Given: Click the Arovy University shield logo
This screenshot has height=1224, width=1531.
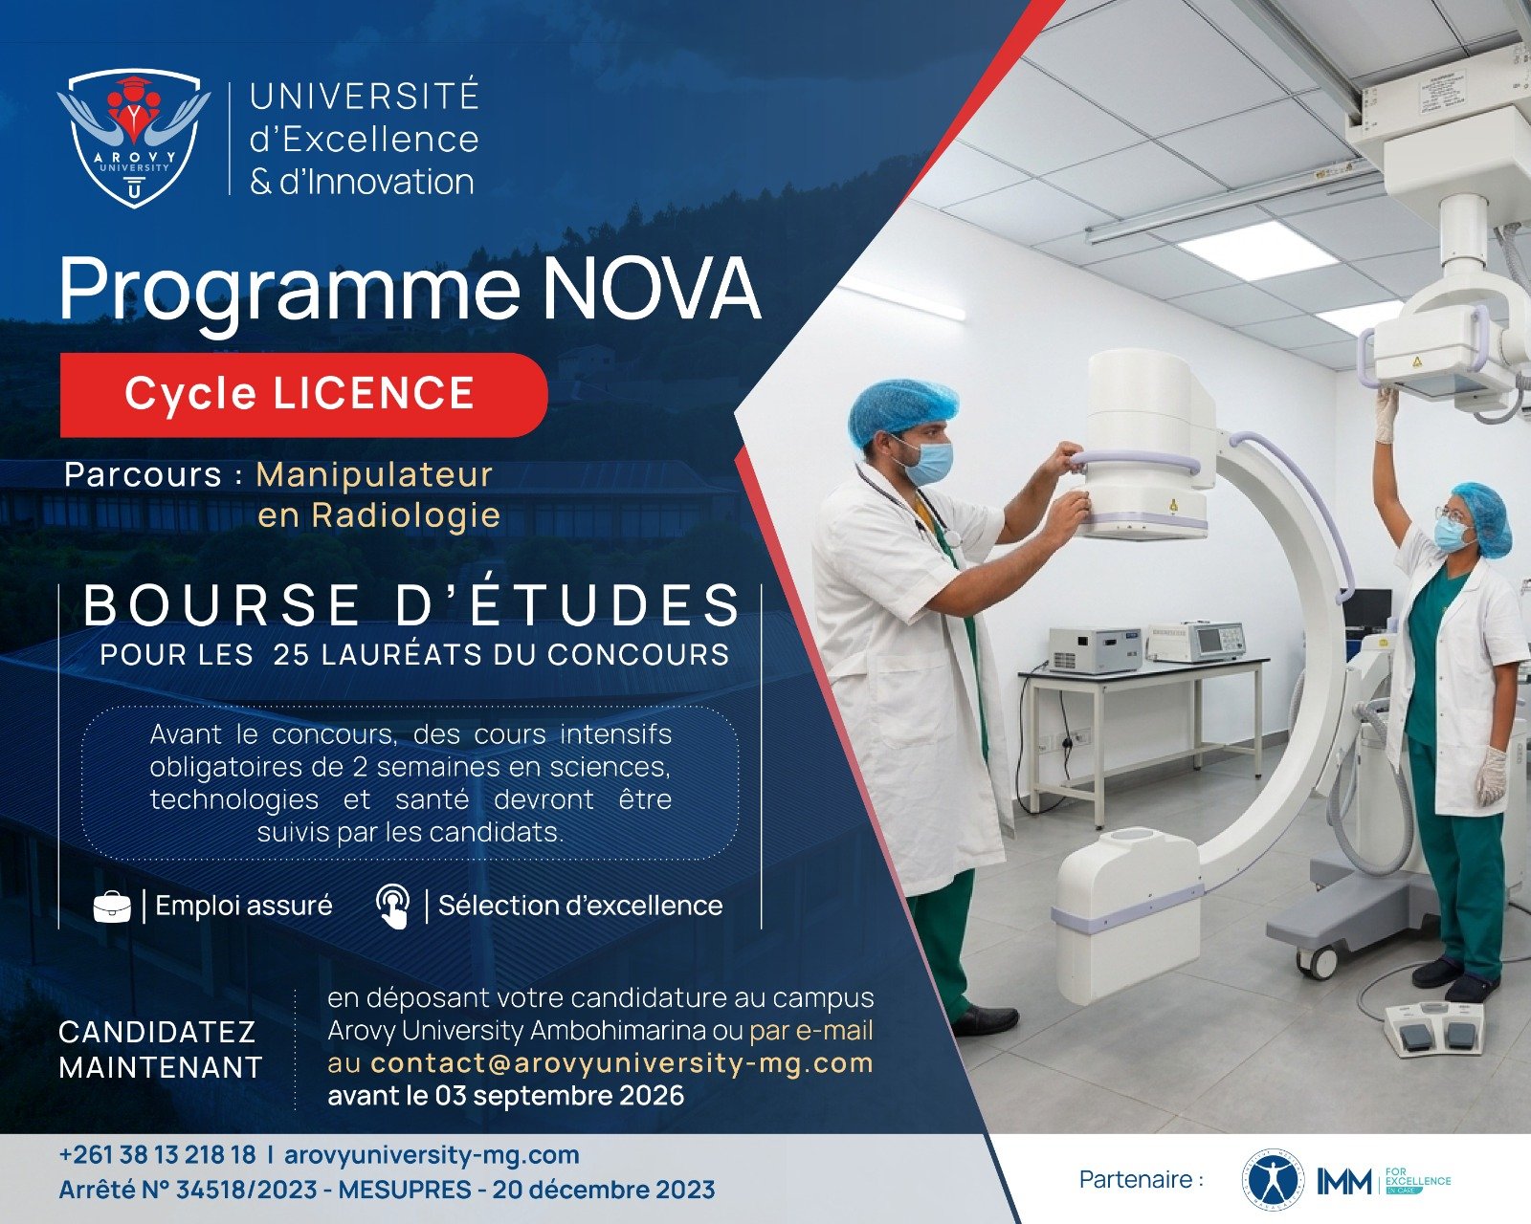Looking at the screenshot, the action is point(134,138).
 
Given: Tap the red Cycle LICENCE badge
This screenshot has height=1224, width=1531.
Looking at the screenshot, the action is point(303,395).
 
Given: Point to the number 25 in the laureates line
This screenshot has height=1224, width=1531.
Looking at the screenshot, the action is point(291,655).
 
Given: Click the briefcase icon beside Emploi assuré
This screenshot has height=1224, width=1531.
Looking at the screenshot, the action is point(112,907).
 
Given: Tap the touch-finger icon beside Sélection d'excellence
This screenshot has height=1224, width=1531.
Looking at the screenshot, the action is point(393,907).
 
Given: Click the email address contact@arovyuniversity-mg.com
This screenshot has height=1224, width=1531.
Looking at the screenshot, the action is point(622,1063).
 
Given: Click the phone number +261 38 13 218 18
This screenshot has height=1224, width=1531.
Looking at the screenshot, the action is point(157,1154).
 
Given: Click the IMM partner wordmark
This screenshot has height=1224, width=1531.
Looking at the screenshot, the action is point(1343,1181).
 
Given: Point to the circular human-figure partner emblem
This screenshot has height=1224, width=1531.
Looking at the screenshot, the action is point(1274,1181).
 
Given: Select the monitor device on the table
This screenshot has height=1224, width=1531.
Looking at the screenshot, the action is point(1196,642).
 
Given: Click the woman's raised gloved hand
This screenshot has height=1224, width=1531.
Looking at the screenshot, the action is point(1386,415).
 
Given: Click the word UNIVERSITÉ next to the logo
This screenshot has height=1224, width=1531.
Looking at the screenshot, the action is point(365,97).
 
